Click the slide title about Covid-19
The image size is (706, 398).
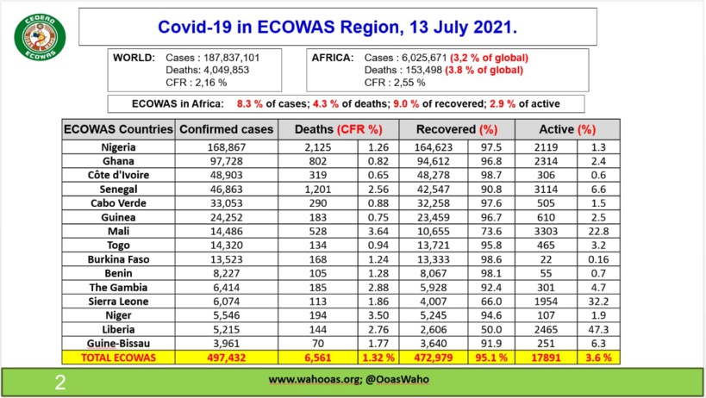(337, 27)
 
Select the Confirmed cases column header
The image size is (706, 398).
(226, 129)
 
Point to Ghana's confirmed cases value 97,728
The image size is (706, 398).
(226, 161)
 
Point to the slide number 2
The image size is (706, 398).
(59, 380)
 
